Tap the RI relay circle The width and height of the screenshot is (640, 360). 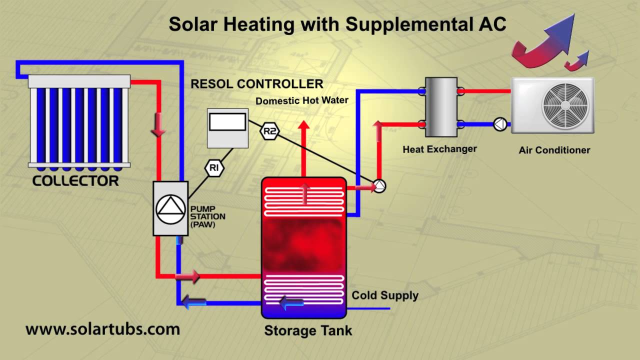point(214,168)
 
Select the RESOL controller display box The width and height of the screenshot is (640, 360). point(227,122)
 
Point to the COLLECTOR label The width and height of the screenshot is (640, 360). point(75,181)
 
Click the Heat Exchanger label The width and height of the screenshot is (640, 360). point(440,149)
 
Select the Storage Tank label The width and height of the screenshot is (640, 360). point(308,330)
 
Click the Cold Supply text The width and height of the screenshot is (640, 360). point(385,295)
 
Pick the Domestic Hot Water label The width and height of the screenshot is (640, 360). point(302,100)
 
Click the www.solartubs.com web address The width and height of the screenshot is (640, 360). point(102,329)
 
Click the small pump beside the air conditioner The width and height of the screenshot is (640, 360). point(500,124)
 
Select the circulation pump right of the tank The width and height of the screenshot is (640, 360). point(379,186)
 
